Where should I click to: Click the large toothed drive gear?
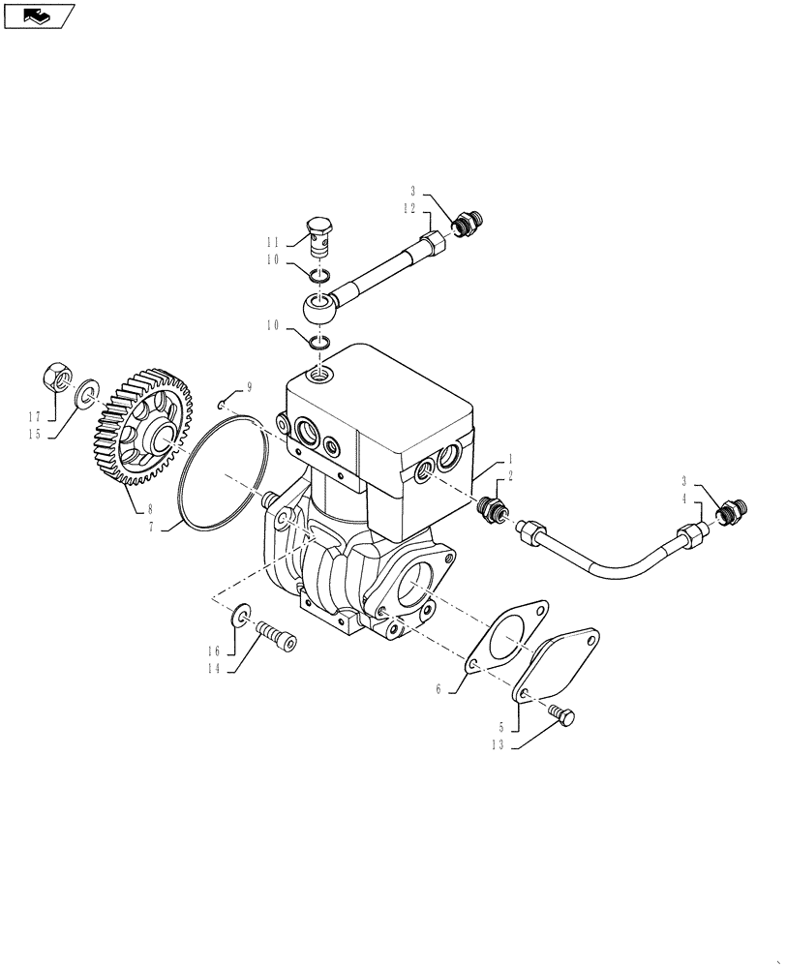(145, 426)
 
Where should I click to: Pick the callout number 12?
(410, 208)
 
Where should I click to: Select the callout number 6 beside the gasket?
(438, 689)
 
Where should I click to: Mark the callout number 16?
(216, 650)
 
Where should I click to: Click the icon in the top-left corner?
(38, 16)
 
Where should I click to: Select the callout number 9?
(249, 387)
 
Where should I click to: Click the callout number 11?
(274, 242)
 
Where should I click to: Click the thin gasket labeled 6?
(503, 639)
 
